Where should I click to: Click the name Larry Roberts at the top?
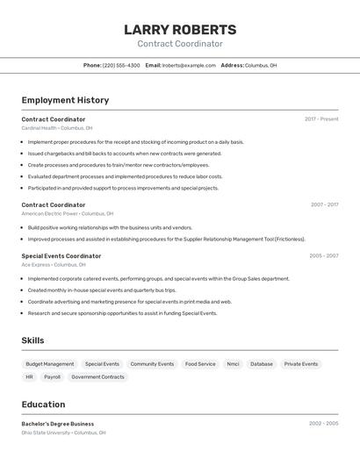pos(180,30)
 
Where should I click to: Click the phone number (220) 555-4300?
pos(121,66)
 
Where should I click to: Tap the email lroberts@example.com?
pos(188,66)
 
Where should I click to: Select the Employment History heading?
pos(65,101)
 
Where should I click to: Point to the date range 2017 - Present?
pos(321,119)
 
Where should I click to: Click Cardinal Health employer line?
pos(57,128)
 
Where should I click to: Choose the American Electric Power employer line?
pos(68,213)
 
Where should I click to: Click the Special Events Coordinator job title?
pos(61,256)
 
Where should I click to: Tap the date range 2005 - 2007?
pos(323,256)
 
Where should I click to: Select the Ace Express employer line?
pos(54,265)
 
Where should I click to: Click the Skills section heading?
pos(32,340)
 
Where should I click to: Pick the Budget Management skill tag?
pos(50,364)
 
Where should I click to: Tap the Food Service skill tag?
pos(200,364)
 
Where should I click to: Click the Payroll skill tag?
pos(53,377)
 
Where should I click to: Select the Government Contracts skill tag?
pos(97,377)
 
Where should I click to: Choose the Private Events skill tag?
pos(301,364)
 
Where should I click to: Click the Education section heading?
pos(43,404)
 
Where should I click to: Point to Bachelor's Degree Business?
pos(58,424)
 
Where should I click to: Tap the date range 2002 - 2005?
pos(323,424)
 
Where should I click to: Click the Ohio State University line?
pos(63,433)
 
